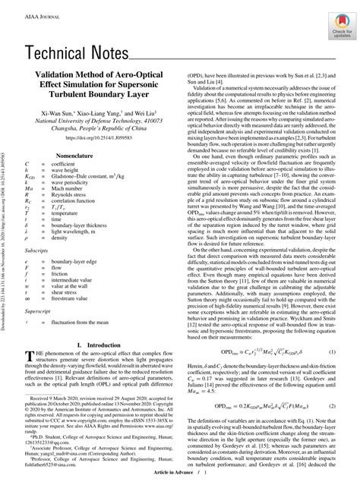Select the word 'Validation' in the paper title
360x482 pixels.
point(55,77)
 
